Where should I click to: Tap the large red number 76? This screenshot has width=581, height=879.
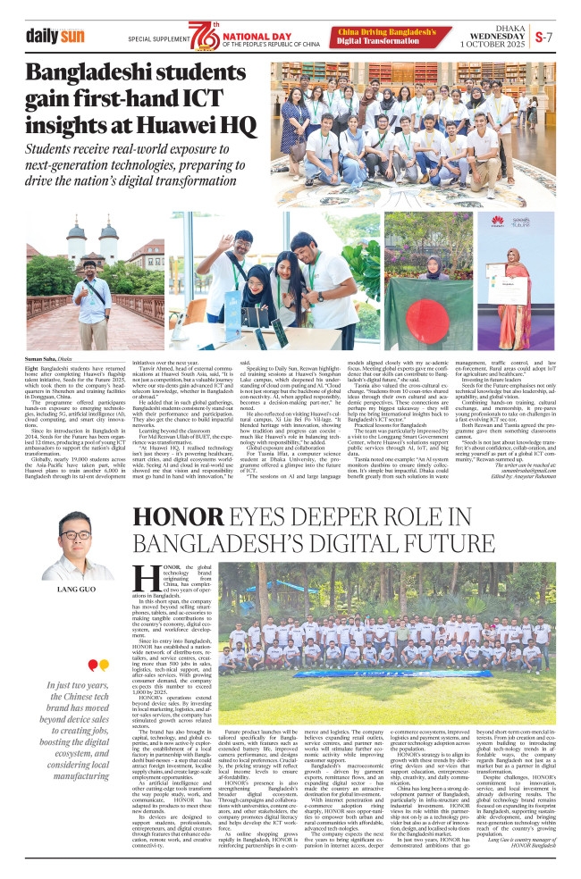pos(203,38)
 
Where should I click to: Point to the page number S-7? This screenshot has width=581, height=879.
pos(544,38)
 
